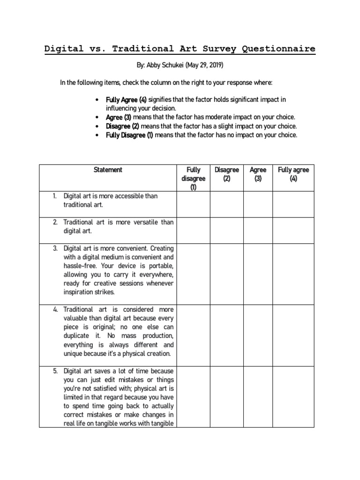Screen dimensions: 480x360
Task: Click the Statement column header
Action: (x=108, y=170)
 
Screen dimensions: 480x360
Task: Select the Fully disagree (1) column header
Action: (x=193, y=179)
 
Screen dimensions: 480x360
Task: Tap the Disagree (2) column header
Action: (x=226, y=174)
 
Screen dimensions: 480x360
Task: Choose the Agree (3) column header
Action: (x=258, y=174)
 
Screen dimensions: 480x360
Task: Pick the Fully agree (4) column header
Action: (x=293, y=174)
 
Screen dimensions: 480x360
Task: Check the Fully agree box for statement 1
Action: (x=293, y=204)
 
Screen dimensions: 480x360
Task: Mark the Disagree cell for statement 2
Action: (x=226, y=230)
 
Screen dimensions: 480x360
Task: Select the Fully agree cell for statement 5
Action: (x=293, y=397)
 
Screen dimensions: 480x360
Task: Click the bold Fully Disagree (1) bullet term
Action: (x=129, y=135)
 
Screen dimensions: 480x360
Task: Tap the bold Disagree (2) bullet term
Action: (x=122, y=126)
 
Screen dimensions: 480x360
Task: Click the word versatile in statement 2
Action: (x=143, y=222)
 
